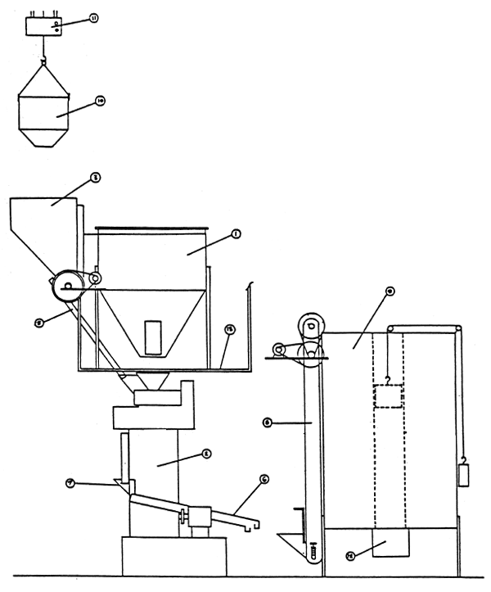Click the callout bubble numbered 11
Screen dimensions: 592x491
click(x=92, y=17)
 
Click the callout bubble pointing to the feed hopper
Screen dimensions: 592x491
click(x=95, y=177)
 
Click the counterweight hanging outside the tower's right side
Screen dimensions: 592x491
click(x=463, y=476)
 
